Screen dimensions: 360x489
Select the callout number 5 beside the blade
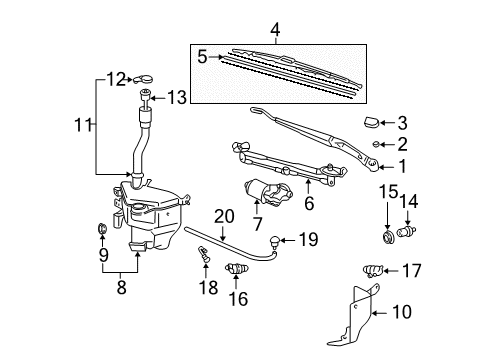tap(203, 57)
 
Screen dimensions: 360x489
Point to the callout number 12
tap(116, 77)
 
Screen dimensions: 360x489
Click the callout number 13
tap(177, 97)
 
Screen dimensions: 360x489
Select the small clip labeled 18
tap(204, 262)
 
